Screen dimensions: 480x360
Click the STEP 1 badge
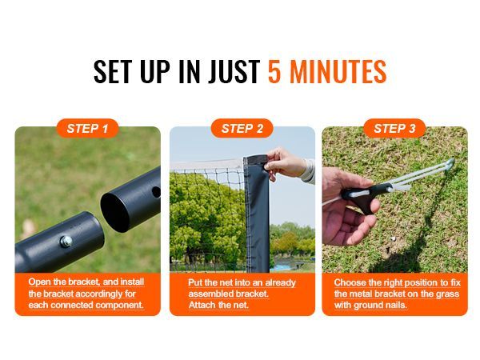point(87,128)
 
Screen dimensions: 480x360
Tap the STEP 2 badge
point(242,128)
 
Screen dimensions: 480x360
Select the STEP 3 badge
point(394,128)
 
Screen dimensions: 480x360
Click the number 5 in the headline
point(274,72)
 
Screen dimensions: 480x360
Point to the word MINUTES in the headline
point(338,72)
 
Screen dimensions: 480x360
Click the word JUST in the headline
point(234,72)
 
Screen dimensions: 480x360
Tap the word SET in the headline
point(112,72)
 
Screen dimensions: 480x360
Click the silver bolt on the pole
point(66,242)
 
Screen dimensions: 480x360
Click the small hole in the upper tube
point(156,192)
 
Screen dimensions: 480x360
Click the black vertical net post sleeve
point(257,214)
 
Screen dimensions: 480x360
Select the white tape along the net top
point(207,165)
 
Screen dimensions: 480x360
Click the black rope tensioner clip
point(364,196)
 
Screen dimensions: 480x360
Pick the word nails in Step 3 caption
point(396,306)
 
